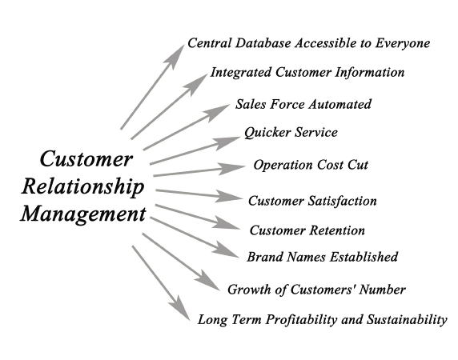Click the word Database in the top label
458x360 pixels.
click(x=263, y=43)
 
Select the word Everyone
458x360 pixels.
click(x=403, y=44)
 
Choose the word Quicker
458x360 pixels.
click(x=267, y=133)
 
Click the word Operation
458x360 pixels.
click(x=283, y=166)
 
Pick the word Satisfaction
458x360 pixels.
click(x=342, y=201)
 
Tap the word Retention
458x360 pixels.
click(x=337, y=230)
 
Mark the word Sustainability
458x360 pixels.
click(x=407, y=320)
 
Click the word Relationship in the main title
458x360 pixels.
click(x=83, y=186)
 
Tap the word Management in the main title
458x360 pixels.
click(x=83, y=214)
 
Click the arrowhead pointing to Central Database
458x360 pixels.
click(x=175, y=56)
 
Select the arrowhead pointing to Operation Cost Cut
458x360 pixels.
click(x=232, y=169)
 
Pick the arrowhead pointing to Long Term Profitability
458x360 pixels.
click(x=179, y=307)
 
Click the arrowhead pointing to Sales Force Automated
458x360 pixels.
click(x=218, y=112)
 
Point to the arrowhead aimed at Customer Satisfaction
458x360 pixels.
click(x=230, y=196)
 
